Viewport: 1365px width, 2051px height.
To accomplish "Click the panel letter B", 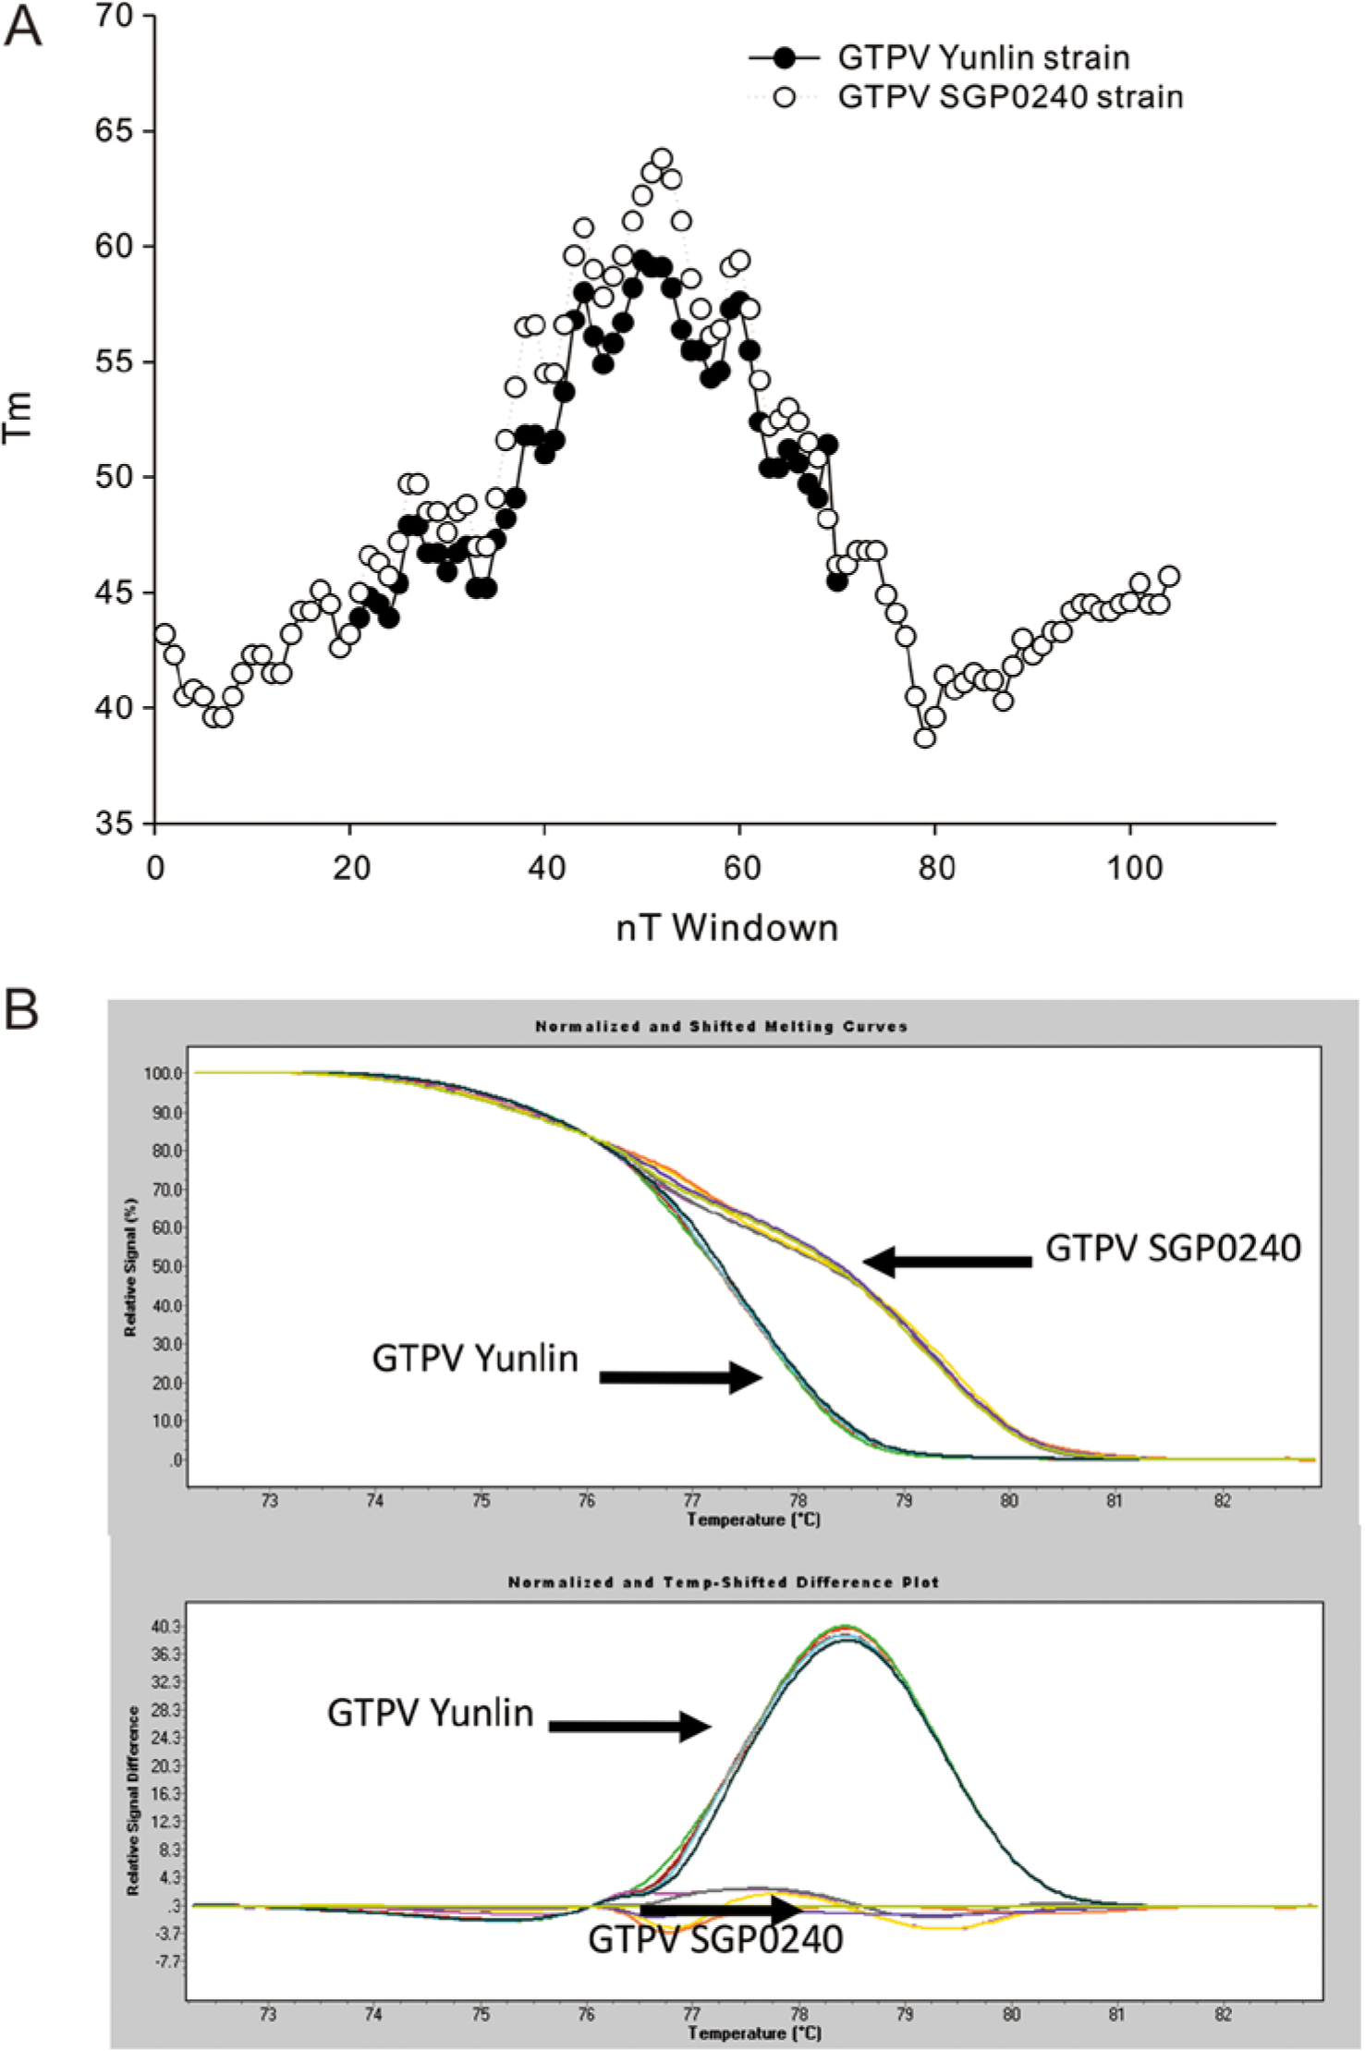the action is (22, 1011).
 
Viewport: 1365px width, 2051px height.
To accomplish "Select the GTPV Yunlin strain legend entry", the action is (939, 57).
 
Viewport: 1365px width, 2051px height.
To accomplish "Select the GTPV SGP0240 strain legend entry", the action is (967, 97).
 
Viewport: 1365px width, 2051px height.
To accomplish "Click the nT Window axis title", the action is (727, 927).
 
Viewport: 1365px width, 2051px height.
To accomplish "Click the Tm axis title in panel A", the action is (18, 418).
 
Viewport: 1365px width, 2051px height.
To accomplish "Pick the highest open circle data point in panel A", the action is (662, 158).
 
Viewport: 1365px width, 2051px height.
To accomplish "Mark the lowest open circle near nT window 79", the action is (925, 738).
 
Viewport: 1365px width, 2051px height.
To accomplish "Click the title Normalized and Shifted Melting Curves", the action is (722, 1026).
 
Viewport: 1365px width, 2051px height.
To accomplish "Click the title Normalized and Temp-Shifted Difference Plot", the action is (724, 1582).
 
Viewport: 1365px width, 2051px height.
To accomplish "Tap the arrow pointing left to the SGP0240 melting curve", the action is (947, 1261).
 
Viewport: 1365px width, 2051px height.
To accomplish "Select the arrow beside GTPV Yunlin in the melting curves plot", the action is (681, 1377).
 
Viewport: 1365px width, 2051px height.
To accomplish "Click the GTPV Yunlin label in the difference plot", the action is (431, 1713).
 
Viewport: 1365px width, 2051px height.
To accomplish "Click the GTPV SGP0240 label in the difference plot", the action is (716, 1938).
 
